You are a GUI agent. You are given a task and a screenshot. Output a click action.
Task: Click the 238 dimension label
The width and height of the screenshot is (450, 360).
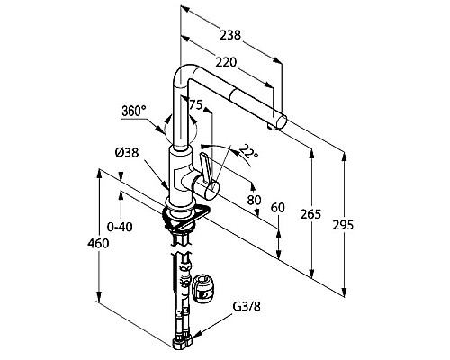point(230,35)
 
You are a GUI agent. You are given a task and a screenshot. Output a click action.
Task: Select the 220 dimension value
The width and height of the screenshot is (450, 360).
point(226,62)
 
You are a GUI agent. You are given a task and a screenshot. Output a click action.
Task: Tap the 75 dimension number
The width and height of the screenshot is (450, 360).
point(195,105)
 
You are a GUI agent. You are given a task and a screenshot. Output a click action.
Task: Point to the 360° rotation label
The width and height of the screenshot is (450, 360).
point(134,112)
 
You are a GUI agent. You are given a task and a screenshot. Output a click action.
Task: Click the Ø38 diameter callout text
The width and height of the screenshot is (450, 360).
point(127,153)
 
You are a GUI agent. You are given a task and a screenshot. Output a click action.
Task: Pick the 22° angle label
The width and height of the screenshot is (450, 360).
point(249,152)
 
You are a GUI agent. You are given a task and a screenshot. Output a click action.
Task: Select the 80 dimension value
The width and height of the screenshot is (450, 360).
point(254,200)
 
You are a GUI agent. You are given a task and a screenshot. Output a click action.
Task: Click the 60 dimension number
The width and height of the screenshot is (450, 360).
point(277,208)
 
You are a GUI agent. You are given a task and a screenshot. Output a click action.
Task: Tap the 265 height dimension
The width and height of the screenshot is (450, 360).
point(310,214)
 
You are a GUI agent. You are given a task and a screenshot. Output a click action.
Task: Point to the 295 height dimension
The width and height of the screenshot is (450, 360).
point(343,225)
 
